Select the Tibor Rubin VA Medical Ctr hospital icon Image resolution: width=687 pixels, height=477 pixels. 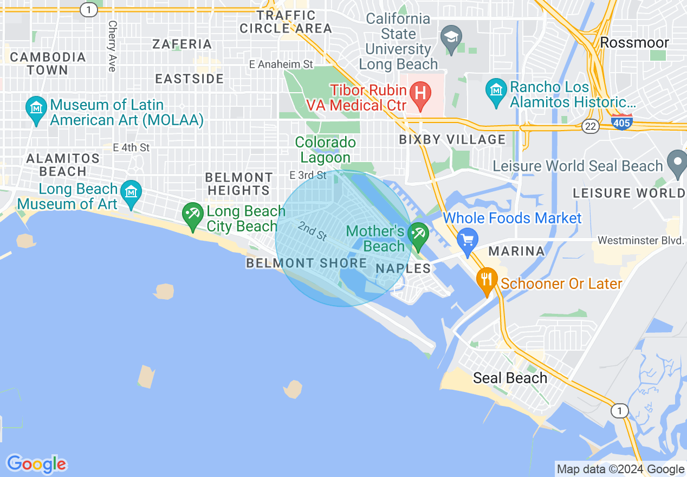coord(419,93)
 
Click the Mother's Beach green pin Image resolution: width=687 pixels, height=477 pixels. coord(418,235)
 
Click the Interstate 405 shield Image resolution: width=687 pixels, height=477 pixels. coord(621,123)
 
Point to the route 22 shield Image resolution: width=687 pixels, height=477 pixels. coord(591,126)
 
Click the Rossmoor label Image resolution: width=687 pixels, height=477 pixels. coord(634,42)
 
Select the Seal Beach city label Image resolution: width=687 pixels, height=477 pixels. coord(510,378)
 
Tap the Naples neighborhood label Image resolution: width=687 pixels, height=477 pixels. coord(403,268)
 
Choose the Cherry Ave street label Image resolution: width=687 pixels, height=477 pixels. coord(112,46)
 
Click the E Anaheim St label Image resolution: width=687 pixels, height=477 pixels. coord(281,65)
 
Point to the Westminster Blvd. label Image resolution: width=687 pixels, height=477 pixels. coord(641,240)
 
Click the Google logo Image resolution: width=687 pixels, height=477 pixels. coord(36,464)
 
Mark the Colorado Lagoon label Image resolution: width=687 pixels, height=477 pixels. coord(326,150)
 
